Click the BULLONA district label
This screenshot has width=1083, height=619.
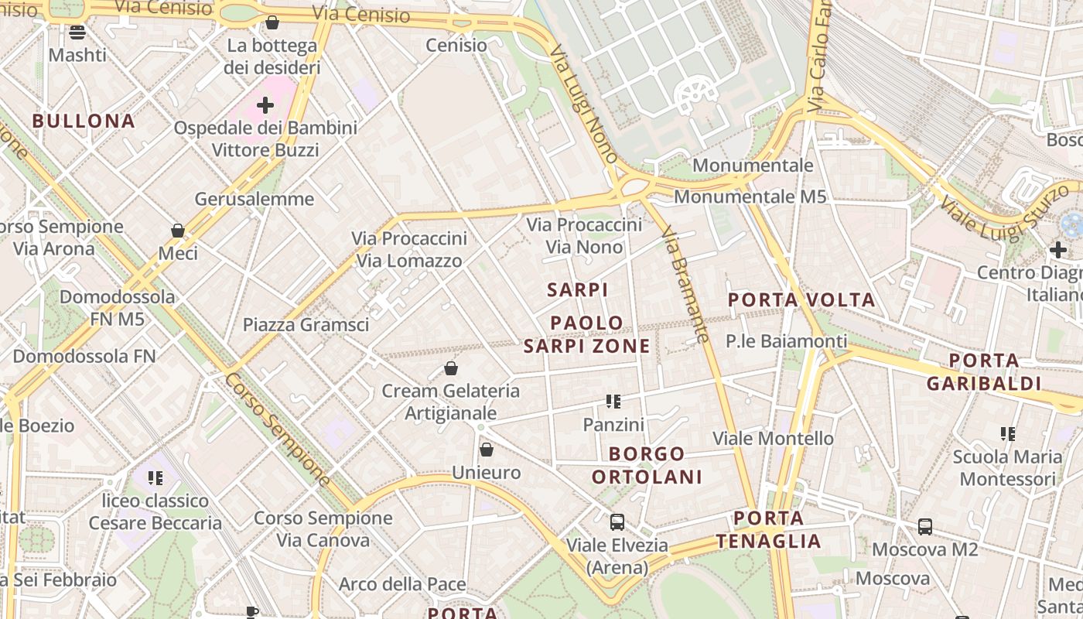(84, 121)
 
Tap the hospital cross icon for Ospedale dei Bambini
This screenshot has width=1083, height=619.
(265, 104)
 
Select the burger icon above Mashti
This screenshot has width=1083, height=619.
(77, 32)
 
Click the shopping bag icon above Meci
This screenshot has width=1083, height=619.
(178, 231)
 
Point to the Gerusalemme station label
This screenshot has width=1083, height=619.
(254, 199)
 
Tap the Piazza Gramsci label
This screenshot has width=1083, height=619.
(306, 324)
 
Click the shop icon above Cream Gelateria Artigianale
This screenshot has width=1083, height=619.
(451, 368)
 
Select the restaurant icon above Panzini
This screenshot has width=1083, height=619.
(613, 402)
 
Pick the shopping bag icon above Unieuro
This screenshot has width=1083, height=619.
(487, 450)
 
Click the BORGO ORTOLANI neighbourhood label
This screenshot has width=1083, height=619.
(647, 465)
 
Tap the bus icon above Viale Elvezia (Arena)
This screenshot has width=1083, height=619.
(617, 522)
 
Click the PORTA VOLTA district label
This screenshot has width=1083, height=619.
(801, 299)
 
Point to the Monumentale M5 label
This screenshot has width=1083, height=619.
(750, 197)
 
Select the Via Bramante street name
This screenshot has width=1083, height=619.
(686, 283)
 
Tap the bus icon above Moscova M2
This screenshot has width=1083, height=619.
(924, 527)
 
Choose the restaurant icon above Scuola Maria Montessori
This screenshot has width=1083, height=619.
(1007, 434)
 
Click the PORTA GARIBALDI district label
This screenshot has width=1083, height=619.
(983, 371)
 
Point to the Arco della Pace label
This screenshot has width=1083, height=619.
(402, 584)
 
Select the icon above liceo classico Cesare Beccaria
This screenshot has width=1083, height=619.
(155, 478)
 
